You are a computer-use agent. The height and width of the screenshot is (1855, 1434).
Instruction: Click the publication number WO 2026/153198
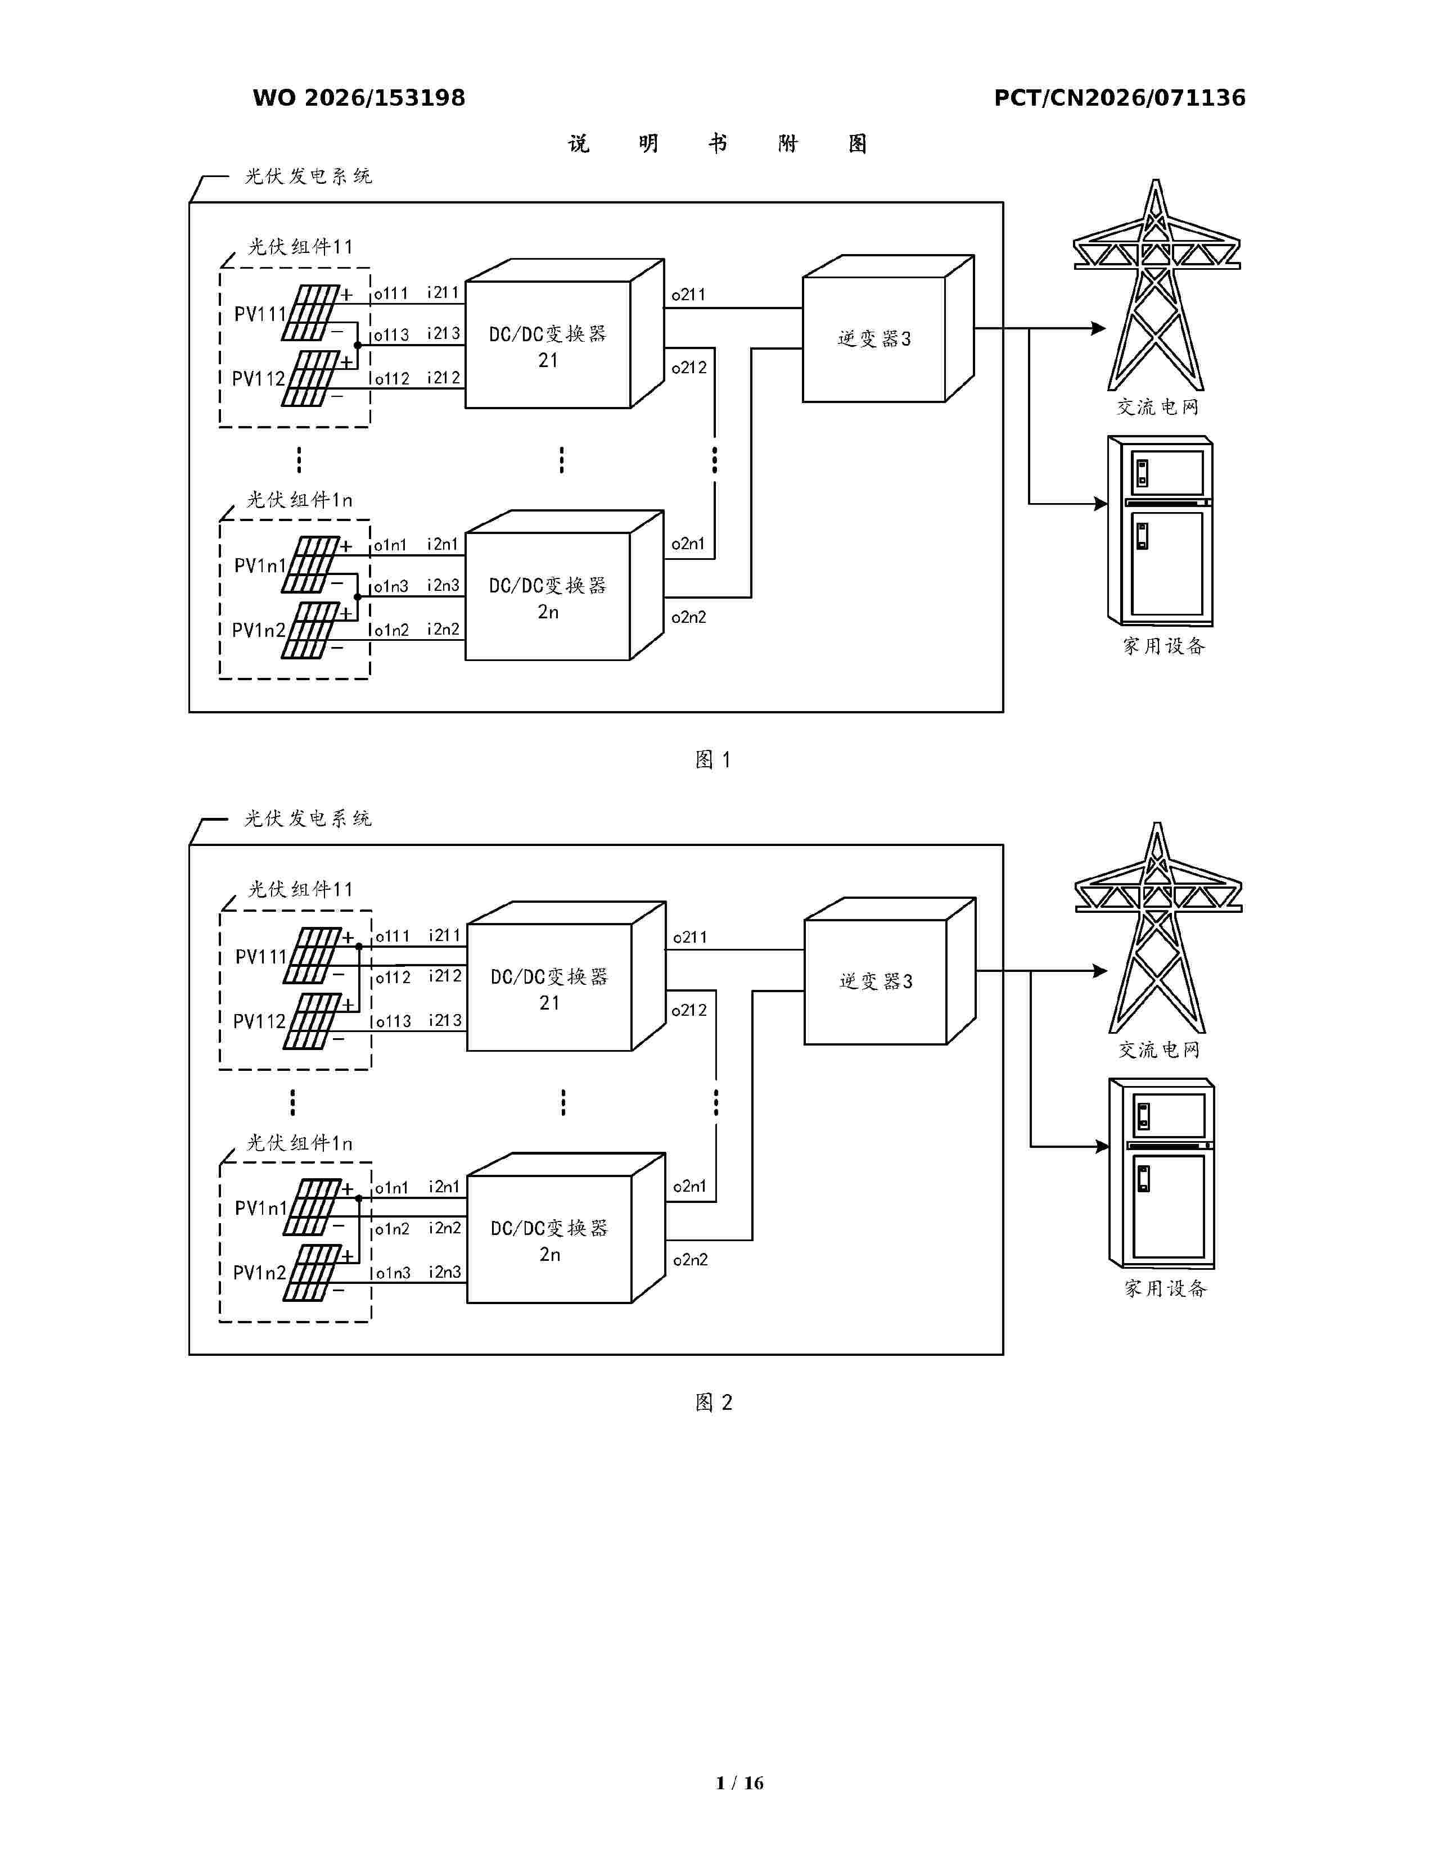coord(359,98)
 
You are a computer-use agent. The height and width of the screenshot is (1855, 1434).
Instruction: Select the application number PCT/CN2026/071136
coord(1120,98)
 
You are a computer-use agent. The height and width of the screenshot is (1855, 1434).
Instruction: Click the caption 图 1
coord(713,759)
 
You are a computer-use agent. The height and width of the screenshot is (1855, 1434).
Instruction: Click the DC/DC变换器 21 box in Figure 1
coord(564,334)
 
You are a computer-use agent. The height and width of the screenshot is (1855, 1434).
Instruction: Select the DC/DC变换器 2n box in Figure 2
coord(566,1228)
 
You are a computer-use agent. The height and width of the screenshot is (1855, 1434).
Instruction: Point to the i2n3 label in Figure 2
coord(444,1272)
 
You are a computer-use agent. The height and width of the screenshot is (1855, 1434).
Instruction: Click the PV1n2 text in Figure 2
coord(259,1272)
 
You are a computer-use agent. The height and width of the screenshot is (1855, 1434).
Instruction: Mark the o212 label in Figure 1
coord(689,368)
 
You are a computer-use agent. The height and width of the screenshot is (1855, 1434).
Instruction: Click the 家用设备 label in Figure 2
coord(1166,1288)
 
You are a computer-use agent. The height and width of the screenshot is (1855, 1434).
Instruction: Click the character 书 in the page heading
coord(718,143)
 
